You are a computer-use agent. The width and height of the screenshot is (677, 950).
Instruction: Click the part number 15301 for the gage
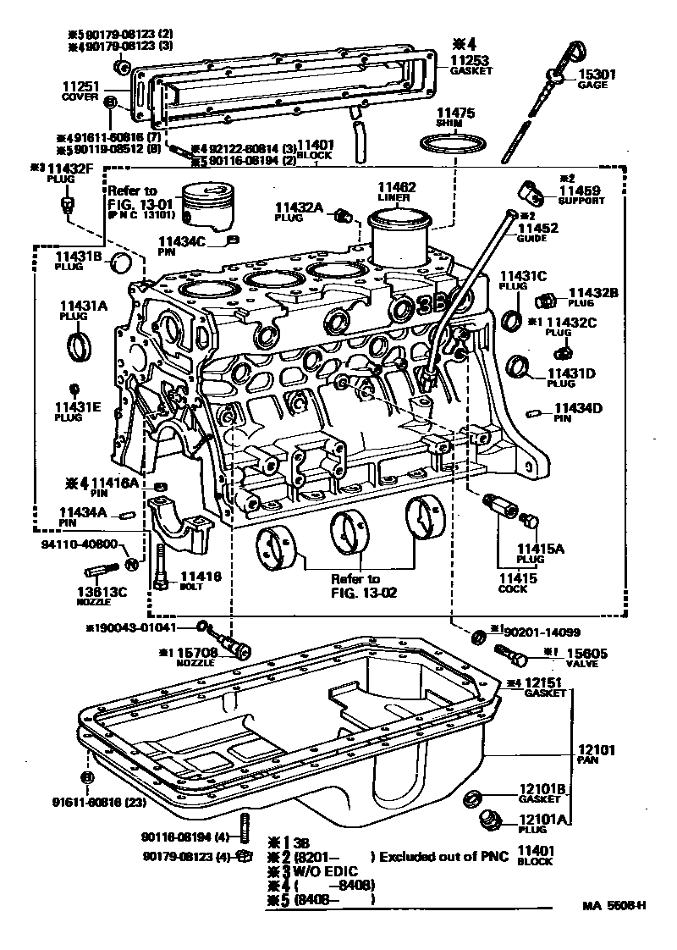[x=597, y=75]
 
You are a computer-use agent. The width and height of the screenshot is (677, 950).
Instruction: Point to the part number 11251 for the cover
[x=80, y=86]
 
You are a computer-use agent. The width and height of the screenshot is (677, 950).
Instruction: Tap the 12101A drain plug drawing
[x=489, y=820]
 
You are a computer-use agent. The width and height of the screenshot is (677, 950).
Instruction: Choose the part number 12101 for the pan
[x=597, y=750]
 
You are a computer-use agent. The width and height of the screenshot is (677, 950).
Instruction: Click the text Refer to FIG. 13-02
[x=355, y=585]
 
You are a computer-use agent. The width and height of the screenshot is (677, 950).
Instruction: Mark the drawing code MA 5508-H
[x=614, y=907]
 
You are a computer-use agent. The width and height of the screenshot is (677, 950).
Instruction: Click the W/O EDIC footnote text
[x=324, y=871]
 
